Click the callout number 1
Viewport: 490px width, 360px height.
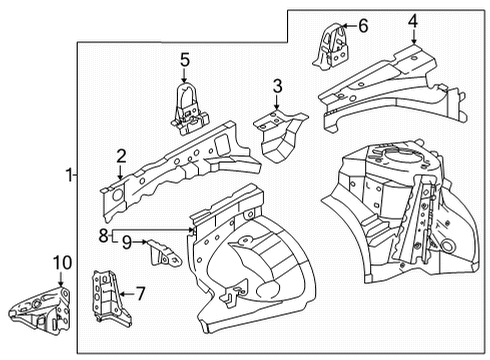(68, 175)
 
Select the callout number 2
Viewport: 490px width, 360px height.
(121, 155)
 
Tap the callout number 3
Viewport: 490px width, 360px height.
(277, 87)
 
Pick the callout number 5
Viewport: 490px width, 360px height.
(185, 61)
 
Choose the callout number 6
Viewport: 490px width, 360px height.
(362, 25)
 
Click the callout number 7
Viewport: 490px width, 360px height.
(140, 294)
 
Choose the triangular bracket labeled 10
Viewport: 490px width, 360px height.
(40, 305)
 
